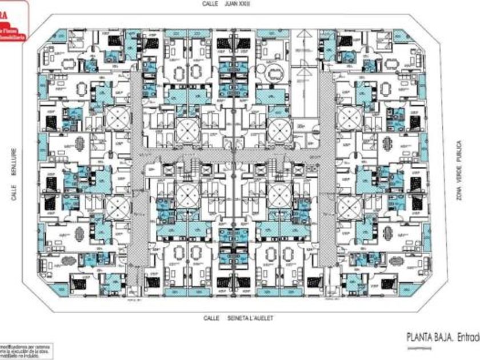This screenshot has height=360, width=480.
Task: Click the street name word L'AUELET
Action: pos(255,318)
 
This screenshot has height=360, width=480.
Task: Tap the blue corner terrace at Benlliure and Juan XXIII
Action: pos(56,35)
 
